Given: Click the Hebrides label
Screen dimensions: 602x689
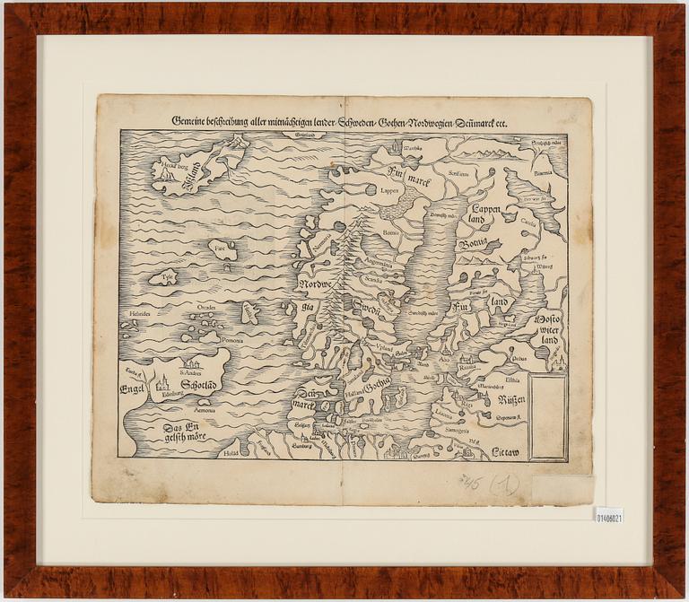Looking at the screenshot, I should pos(140,313).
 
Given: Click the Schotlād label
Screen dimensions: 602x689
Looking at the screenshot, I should pos(201,386).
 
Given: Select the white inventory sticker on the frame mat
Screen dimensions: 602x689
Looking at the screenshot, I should pos(607,516).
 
